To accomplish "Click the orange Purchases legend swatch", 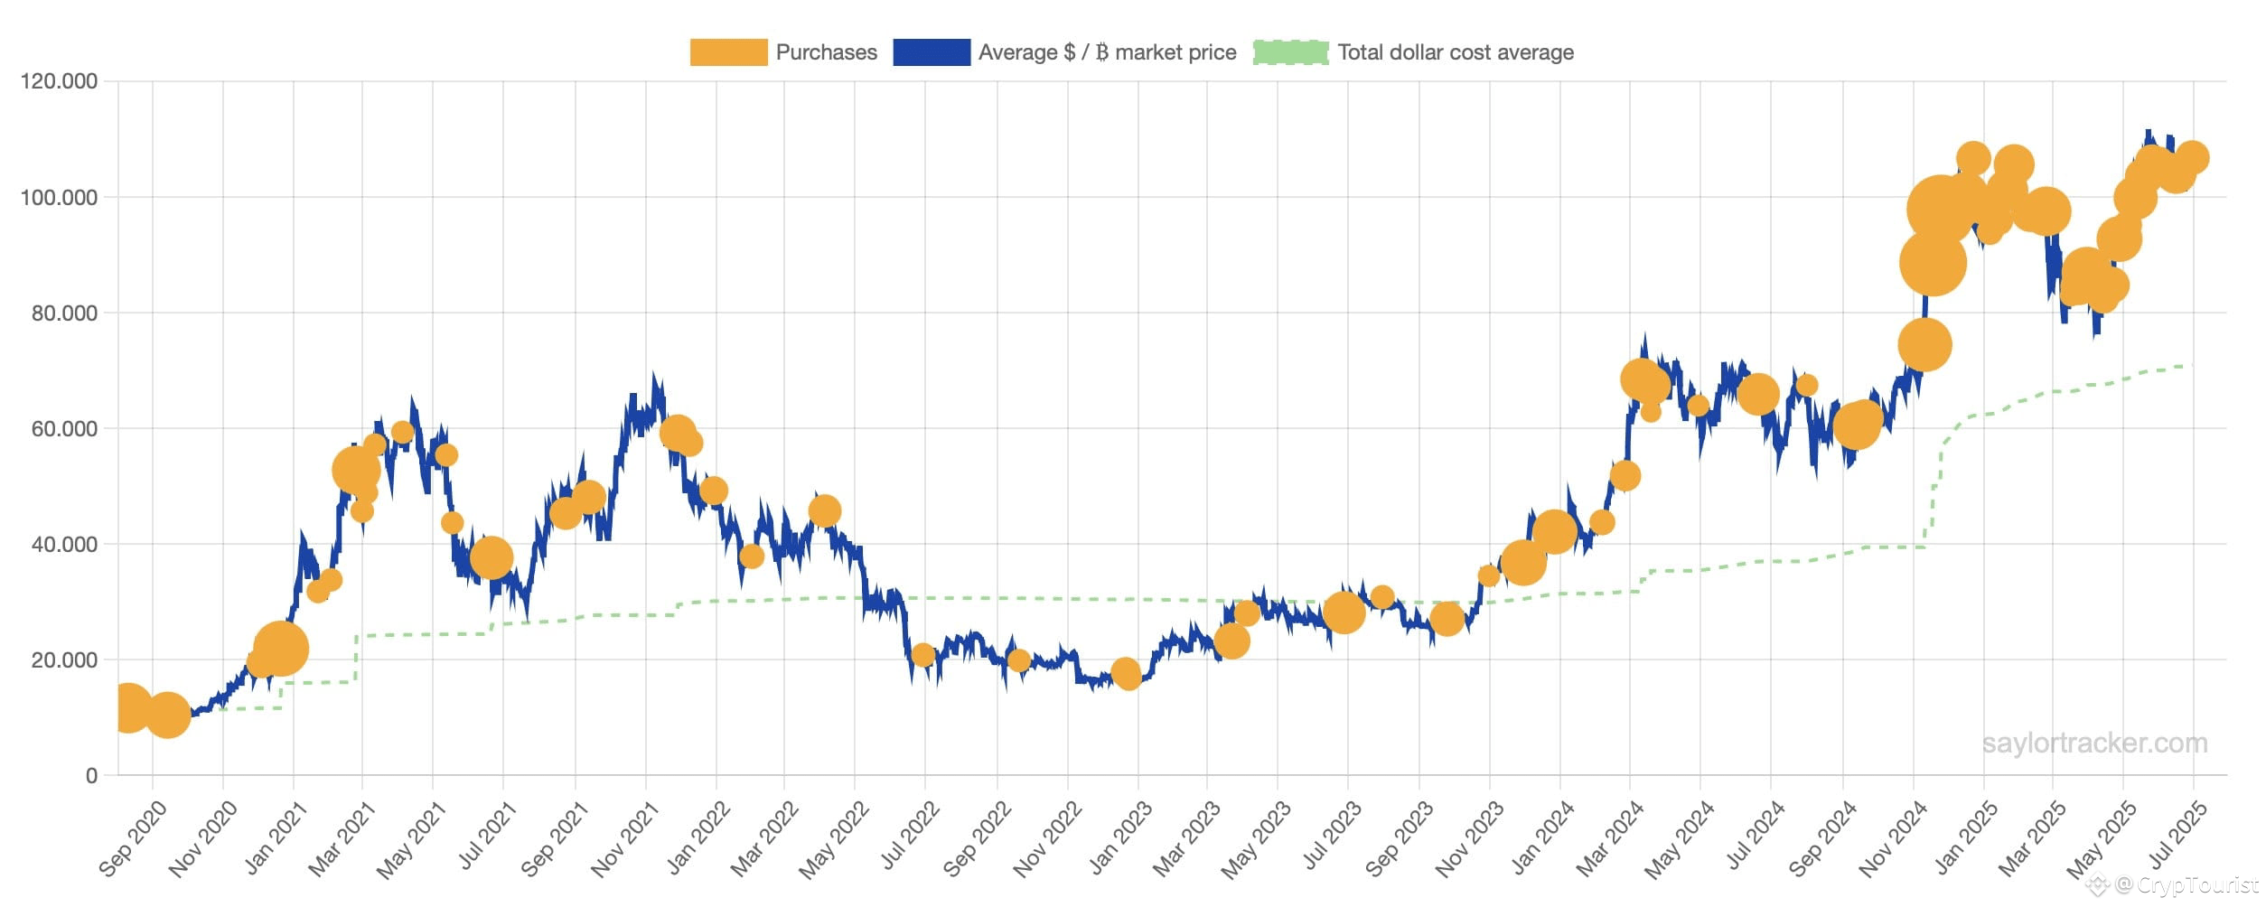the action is (x=728, y=52).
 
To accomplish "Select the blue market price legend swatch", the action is (x=932, y=52).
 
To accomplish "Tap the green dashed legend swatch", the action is (x=1290, y=52).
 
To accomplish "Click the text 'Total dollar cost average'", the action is (x=1456, y=52).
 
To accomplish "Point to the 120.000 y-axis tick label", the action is (x=59, y=81).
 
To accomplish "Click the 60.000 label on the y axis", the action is (x=64, y=428).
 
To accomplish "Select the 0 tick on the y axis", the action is (x=91, y=775).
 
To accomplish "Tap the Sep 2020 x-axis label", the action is (x=132, y=837).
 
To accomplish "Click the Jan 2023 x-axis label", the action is (x=1120, y=837).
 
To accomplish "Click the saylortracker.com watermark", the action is (x=2095, y=743).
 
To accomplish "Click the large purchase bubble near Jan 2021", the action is (x=280, y=649).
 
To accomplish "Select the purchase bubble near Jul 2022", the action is (x=922, y=655).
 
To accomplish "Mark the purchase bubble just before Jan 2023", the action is (x=1126, y=673).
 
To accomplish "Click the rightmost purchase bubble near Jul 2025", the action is (x=2192, y=158).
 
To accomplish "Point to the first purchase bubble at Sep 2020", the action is (x=127, y=707).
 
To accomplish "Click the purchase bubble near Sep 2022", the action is (x=1018, y=660).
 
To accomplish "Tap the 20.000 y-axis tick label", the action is (x=64, y=659).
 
